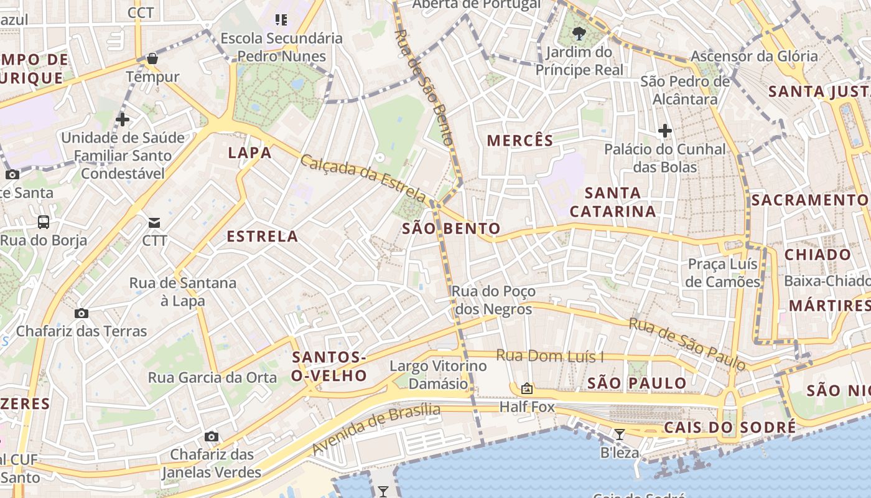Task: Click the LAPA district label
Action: tap(249, 153)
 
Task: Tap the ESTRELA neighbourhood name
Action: tap(262, 237)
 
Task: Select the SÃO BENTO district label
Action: tap(451, 228)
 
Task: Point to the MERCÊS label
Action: tap(520, 141)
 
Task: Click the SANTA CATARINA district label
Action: tap(612, 202)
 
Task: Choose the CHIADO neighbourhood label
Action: tap(817, 255)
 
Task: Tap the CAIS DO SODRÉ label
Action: tap(729, 428)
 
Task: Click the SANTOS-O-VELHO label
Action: tap(329, 367)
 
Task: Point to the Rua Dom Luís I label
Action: tap(550, 357)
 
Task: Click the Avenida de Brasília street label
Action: tap(376, 428)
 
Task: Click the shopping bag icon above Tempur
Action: tap(152, 59)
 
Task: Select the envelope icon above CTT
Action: tap(154, 222)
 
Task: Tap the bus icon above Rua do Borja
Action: tap(44, 222)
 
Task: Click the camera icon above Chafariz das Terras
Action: tap(82, 313)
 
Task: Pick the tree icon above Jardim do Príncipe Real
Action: tap(580, 34)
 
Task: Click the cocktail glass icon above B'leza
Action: tap(620, 434)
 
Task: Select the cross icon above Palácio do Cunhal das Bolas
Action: tap(665, 131)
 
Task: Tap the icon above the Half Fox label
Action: tap(527, 389)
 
